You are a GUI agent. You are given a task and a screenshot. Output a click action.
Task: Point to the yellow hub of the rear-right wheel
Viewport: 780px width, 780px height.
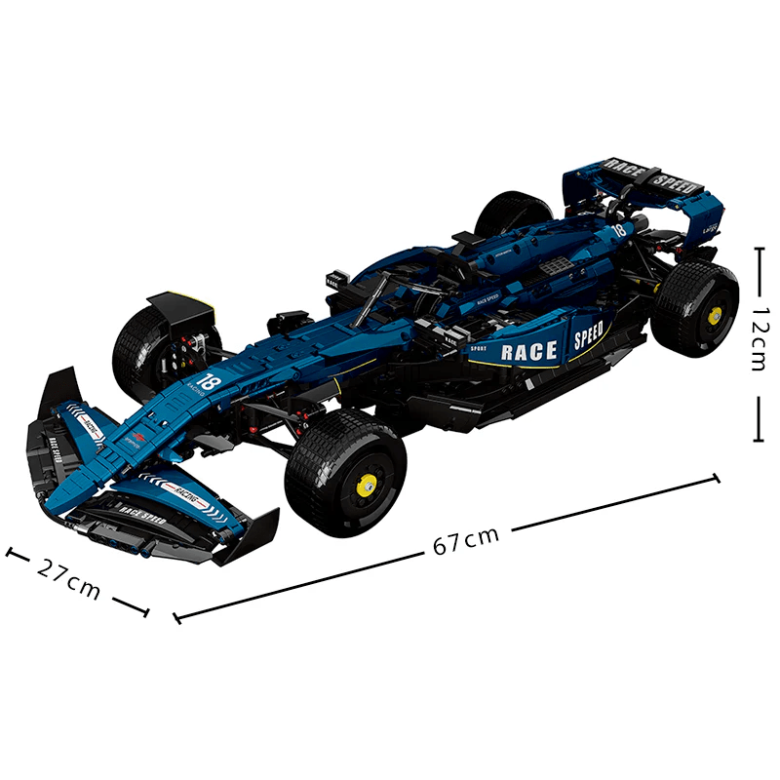(x=715, y=314)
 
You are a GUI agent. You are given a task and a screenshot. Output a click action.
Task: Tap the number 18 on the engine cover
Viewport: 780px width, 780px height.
(x=616, y=230)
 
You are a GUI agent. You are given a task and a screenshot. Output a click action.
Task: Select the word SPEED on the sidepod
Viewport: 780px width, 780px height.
(x=588, y=336)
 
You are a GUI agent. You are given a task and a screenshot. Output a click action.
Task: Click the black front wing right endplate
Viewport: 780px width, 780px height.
(x=249, y=536)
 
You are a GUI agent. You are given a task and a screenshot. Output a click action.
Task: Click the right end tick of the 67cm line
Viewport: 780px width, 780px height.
(x=717, y=478)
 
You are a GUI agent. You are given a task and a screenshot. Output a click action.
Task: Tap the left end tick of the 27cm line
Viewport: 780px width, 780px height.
(x=11, y=553)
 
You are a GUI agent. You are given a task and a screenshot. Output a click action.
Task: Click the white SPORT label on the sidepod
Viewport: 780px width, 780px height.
(x=478, y=348)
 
